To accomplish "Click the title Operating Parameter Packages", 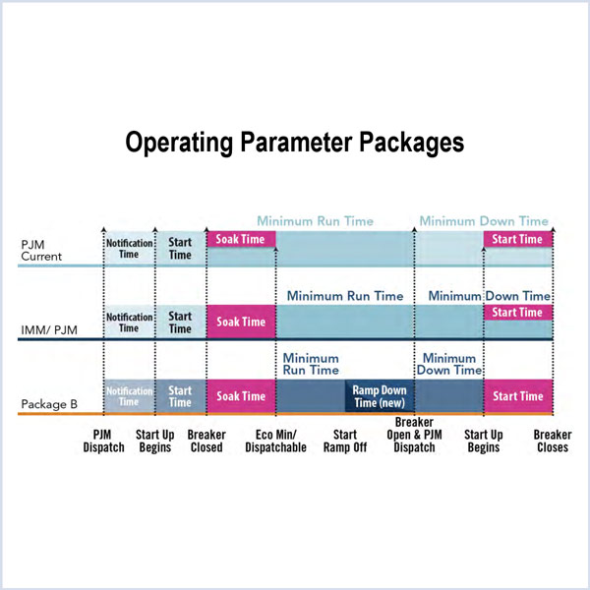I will coord(294,142).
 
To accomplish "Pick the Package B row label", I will coord(47,403).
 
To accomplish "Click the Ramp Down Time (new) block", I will coord(380,396).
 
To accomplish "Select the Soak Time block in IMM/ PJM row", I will coord(241,322).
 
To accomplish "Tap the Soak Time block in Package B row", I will coord(241,396).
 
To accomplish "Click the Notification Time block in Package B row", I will coord(129,396).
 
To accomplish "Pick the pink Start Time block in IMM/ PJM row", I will coord(517,313).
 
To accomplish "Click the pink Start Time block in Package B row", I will coord(517,396).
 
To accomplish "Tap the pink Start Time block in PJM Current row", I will coord(517,239).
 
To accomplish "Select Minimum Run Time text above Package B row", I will coord(311,365).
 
